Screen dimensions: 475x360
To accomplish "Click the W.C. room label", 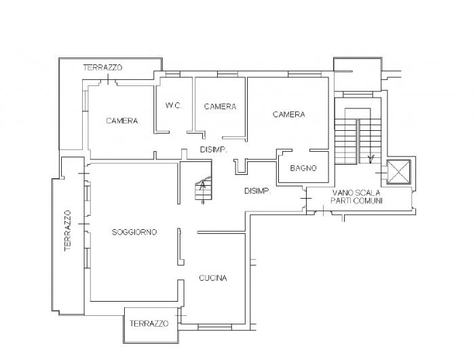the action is (x=174, y=106).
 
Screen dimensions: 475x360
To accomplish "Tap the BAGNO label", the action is (x=303, y=168).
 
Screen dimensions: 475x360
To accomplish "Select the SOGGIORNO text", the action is (x=134, y=233).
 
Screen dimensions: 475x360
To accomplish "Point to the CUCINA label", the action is (x=213, y=278).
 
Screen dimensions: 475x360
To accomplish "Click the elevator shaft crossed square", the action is (x=399, y=172).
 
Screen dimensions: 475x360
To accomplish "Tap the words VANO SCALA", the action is (x=356, y=193).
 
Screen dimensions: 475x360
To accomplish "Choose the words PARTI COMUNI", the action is (x=356, y=201).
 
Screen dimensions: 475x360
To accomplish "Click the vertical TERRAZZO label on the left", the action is (x=68, y=231).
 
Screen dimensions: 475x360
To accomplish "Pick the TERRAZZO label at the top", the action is (x=102, y=68).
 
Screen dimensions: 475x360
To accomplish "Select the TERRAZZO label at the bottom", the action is (x=149, y=323).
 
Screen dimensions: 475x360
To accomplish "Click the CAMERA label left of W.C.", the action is (x=121, y=121).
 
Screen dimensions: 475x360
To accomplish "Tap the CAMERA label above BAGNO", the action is (x=288, y=115).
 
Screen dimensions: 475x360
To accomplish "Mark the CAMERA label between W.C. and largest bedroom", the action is (x=221, y=106).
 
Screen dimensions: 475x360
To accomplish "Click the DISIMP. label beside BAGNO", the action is (x=257, y=191).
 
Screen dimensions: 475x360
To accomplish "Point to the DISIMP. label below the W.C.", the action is (x=214, y=150).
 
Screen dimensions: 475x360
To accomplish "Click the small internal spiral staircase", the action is (x=203, y=189).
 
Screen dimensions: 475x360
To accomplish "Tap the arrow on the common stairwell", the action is (x=370, y=159).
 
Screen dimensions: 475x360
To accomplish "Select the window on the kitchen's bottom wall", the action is (x=214, y=327).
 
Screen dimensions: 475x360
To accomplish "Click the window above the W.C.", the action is (x=172, y=74).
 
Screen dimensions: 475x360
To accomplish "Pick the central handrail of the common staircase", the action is (x=358, y=142).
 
